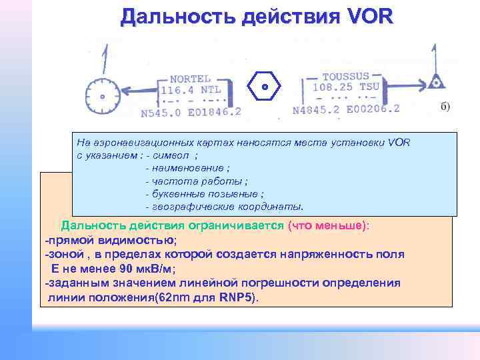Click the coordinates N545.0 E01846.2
pyautogui.click(x=191, y=113)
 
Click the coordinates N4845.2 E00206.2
pyautogui.click(x=346, y=109)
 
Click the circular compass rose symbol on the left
pyautogui.click(x=104, y=97)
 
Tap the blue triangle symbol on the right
pyautogui.click(x=436, y=82)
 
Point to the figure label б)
pyautogui.click(x=445, y=106)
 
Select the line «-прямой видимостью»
pyautogui.click(x=111, y=240)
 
